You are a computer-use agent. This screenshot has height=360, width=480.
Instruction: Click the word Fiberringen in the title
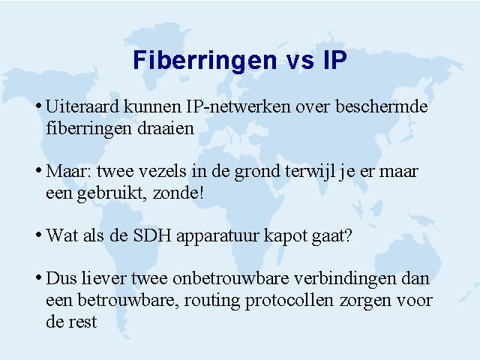coord(205,61)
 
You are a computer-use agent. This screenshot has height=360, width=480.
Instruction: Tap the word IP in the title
coord(335,60)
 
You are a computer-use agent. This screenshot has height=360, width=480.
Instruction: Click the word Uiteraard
coord(82,106)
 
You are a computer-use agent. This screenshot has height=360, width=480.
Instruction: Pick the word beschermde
coord(382,106)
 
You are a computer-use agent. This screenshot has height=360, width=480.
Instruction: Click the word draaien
coord(166,128)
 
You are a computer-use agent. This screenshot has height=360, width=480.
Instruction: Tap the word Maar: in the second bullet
coord(69,171)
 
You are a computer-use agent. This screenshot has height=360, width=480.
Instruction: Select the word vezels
coord(163,171)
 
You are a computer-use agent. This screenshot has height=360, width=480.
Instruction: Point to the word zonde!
coord(178,193)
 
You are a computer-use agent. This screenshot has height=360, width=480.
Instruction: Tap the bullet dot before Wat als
coord(38,235)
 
